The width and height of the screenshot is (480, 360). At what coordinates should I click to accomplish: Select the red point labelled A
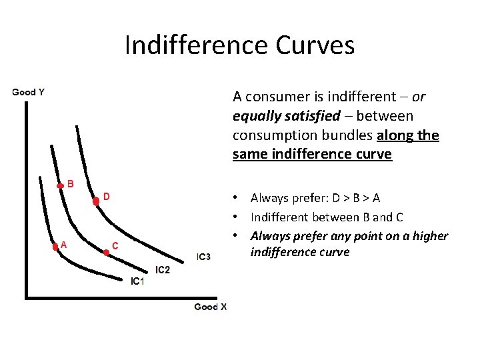click(x=55, y=246)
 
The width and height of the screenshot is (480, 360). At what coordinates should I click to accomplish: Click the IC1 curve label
click(x=137, y=281)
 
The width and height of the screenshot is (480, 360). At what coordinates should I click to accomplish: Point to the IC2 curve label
click(x=163, y=269)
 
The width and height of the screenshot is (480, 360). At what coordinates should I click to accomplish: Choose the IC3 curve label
click(x=203, y=257)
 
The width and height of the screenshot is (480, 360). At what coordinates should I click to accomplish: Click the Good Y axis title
click(x=29, y=92)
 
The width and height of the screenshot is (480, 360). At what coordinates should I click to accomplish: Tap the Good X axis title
click(x=211, y=307)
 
